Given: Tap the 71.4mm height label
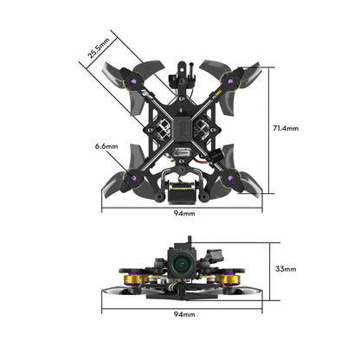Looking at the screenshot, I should click(x=285, y=128).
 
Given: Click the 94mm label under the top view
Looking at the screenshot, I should click(x=183, y=212).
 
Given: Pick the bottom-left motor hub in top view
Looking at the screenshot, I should click(x=138, y=178).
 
